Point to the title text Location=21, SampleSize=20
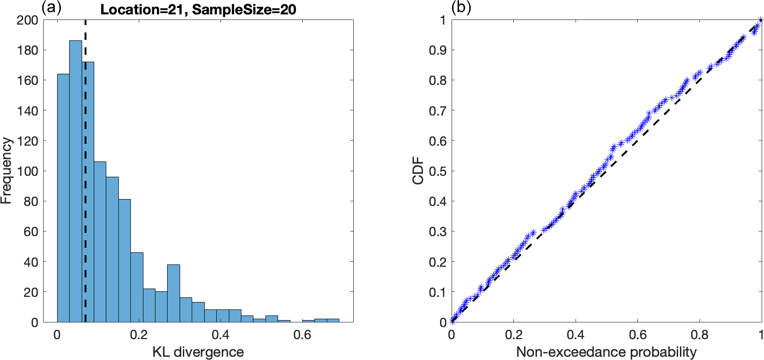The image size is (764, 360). (198, 10)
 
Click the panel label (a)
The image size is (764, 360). (52, 8)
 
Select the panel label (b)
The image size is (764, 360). (461, 8)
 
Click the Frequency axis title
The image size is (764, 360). (6, 171)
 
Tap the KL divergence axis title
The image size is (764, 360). (198, 352)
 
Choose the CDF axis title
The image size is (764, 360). (418, 171)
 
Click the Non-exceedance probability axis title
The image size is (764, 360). (606, 352)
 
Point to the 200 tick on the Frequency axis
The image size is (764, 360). (27, 20)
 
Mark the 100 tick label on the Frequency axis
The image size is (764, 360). (27, 171)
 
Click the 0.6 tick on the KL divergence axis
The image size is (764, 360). (302, 334)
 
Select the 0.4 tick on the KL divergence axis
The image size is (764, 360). (220, 334)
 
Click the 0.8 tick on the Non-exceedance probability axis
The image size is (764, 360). (699, 334)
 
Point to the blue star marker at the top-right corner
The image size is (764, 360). (760, 20)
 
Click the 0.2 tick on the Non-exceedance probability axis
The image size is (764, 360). (513, 334)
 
